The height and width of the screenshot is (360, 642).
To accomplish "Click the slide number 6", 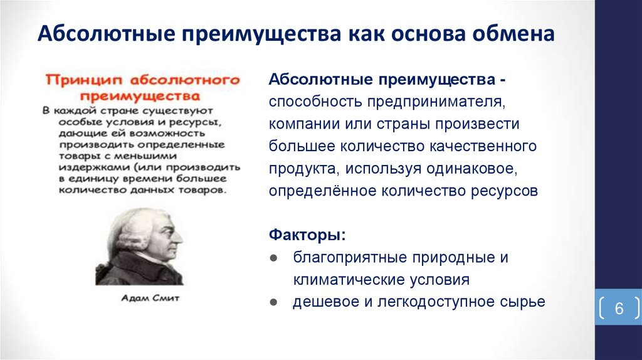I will tap(619, 309).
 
